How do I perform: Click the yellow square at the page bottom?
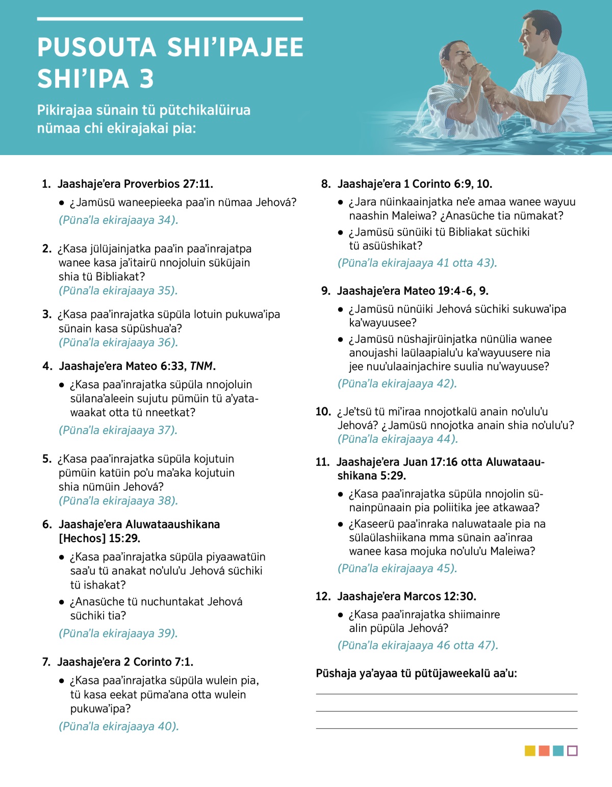click(530, 751)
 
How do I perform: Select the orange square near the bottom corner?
click(544, 751)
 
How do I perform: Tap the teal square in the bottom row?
click(558, 751)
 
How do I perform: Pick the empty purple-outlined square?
click(572, 751)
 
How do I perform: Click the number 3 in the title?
click(146, 79)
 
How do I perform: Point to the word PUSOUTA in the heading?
click(97, 47)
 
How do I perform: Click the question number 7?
click(46, 662)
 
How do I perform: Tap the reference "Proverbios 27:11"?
click(168, 184)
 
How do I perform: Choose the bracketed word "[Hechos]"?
click(82, 539)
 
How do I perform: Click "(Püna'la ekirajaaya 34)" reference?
click(118, 220)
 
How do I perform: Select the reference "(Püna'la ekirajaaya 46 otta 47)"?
click(418, 645)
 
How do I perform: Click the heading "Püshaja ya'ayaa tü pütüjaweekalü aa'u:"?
click(416, 673)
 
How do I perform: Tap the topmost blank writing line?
click(446, 694)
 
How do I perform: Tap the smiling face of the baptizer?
click(533, 38)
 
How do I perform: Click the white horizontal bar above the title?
click(170, 19)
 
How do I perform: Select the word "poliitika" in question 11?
click(477, 507)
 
